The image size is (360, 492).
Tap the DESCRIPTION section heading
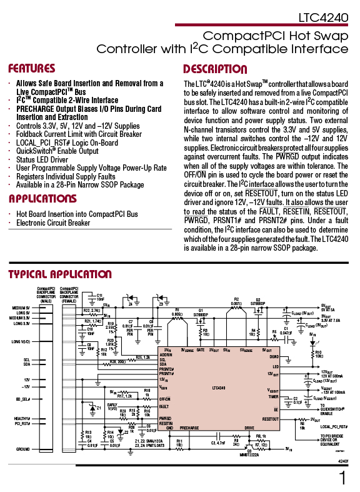pos(214,69)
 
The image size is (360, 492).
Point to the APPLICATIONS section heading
pos(42,199)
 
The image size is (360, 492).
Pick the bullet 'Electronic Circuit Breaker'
pos(53,223)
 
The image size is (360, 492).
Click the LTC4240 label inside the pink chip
pos(217,388)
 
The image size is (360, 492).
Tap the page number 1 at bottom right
pos(342,478)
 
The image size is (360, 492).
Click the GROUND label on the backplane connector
pos(23,449)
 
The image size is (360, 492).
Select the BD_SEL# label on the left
pos(23,398)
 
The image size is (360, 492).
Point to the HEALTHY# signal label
pos(22,418)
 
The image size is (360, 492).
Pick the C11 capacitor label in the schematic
pos(99,296)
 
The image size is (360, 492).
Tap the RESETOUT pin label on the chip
pos(271,418)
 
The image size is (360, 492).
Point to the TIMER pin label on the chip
pos(273,396)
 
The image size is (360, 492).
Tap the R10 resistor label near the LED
pos(318,354)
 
